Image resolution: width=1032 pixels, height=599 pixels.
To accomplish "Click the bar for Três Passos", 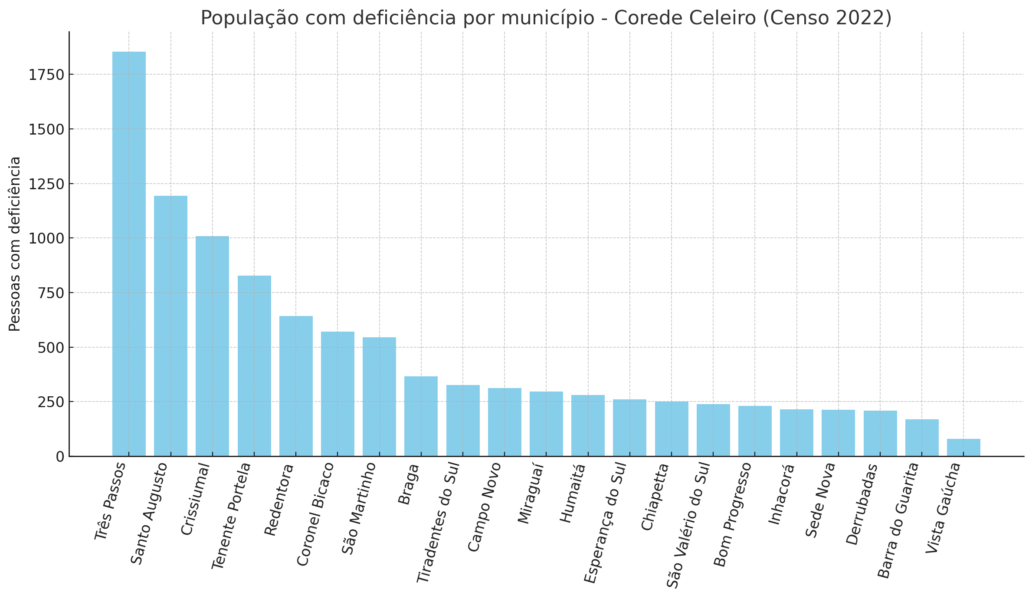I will [x=129, y=254].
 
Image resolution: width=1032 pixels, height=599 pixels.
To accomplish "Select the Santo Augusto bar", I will [x=170, y=326].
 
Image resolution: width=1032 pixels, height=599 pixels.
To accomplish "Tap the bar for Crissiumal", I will [x=212, y=346].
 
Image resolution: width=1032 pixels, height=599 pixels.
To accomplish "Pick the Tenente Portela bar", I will [x=254, y=366].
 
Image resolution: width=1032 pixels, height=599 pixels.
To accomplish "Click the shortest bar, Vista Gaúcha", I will [x=963, y=448].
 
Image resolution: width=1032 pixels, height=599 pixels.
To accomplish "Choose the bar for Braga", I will [x=421, y=416].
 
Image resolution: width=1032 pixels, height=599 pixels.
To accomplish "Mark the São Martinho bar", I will [x=379, y=397].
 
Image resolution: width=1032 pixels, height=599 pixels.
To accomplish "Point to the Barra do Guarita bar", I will [x=922, y=438].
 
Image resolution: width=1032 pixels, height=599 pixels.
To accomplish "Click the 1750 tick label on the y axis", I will [x=46, y=75].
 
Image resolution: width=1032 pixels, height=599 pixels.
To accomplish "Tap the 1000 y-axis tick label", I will [x=46, y=239].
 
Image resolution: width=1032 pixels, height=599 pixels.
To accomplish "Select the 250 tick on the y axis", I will [x=51, y=402].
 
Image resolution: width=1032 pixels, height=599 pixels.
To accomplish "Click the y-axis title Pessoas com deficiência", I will [x=15, y=244].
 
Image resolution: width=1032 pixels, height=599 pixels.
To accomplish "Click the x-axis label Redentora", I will [x=279, y=500].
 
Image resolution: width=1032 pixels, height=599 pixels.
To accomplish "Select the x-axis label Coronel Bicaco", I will [x=315, y=514].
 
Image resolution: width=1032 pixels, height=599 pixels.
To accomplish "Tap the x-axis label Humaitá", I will [x=573, y=493].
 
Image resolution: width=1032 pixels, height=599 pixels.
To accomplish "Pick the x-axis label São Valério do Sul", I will [x=688, y=525].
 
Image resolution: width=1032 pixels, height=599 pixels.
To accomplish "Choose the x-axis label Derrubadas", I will [x=862, y=504].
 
